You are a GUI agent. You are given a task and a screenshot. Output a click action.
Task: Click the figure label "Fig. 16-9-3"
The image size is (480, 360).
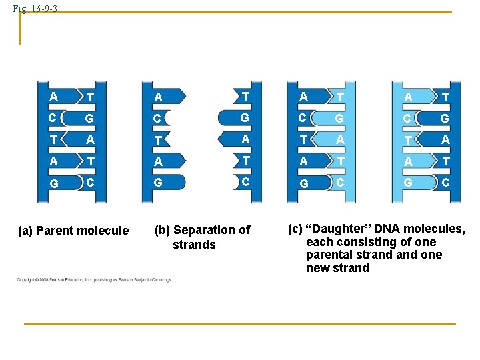(39, 9)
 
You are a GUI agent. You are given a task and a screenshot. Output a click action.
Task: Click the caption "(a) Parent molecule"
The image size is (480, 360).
(73, 231)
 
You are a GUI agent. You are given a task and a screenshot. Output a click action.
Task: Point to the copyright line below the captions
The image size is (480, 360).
(93, 280)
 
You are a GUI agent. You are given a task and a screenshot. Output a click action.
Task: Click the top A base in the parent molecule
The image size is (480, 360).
(53, 96)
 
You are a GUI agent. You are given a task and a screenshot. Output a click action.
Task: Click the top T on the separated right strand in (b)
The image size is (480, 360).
(245, 97)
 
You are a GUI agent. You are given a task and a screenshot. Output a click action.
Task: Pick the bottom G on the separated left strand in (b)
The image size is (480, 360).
(158, 183)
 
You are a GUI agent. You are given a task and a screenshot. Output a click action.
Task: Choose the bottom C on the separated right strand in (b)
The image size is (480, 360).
(245, 181)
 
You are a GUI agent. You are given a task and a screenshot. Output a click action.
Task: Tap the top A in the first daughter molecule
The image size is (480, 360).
(303, 96)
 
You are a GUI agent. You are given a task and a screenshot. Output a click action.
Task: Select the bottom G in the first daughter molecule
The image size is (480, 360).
(303, 183)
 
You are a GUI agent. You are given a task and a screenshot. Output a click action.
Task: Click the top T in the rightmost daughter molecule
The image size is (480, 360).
(445, 97)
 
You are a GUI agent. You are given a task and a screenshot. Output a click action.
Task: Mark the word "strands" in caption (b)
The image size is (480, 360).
(194, 245)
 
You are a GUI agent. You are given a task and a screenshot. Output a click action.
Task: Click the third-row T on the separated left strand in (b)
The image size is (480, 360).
(158, 141)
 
